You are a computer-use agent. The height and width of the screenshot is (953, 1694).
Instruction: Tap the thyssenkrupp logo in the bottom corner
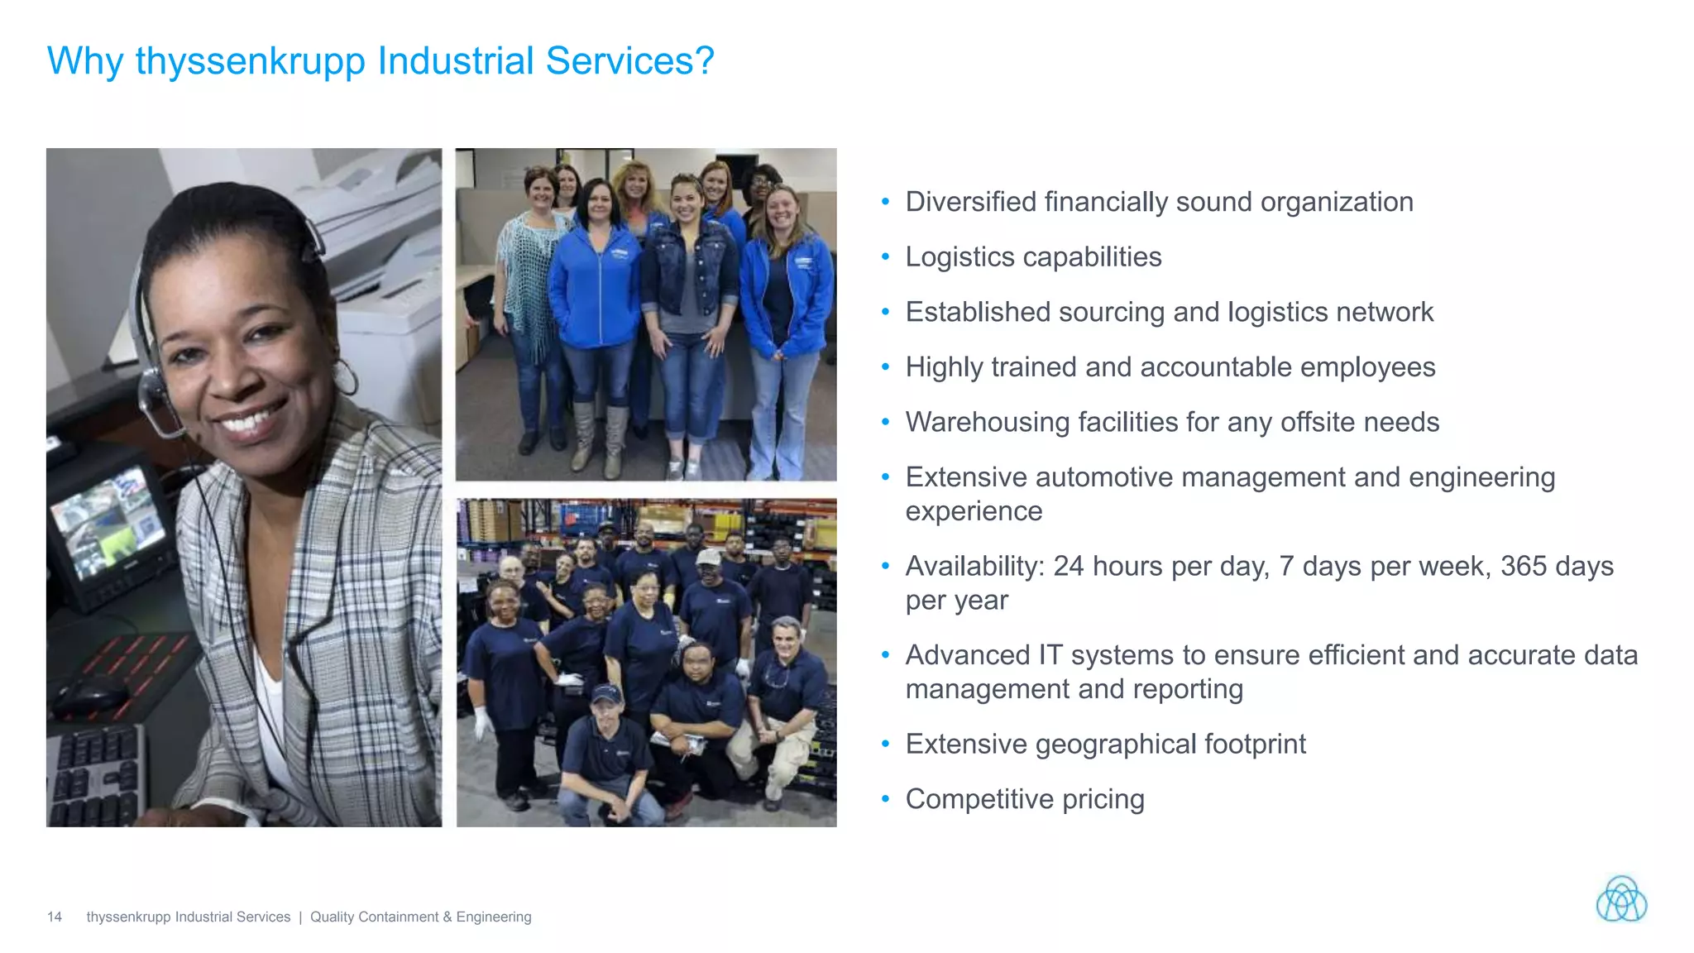(x=1621, y=899)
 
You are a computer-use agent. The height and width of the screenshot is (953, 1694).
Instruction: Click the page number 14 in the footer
(x=55, y=917)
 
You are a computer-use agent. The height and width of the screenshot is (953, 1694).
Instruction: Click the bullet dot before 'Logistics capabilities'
(x=885, y=257)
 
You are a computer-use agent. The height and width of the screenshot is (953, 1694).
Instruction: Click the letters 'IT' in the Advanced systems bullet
(x=1050, y=655)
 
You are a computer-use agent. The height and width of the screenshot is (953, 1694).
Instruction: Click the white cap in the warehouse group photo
(x=709, y=557)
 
